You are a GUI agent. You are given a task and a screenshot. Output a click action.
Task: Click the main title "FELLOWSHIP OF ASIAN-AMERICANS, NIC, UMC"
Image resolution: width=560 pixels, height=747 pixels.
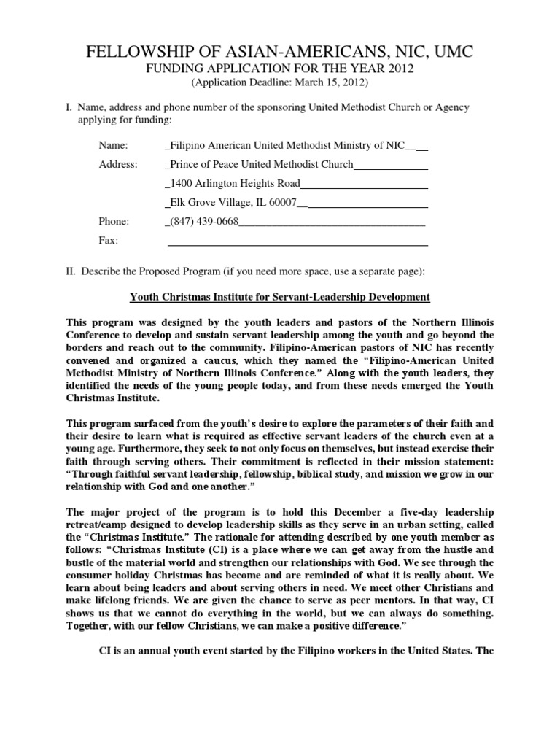coord(280,52)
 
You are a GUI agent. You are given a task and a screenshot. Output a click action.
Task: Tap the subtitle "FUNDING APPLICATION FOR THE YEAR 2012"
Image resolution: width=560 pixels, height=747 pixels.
coord(280,69)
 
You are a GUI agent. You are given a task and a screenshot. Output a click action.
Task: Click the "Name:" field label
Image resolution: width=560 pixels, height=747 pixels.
coord(112,146)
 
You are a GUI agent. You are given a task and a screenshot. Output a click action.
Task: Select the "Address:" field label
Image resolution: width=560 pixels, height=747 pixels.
coord(118,165)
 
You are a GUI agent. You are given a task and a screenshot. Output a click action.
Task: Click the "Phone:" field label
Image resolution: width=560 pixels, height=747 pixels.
coord(114,221)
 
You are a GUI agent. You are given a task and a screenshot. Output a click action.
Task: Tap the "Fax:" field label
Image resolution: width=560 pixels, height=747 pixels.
coord(108,240)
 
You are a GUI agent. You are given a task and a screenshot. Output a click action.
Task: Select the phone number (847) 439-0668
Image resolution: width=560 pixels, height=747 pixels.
coord(204,221)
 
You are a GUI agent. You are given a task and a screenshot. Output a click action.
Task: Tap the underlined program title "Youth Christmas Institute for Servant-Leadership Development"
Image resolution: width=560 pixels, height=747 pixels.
coord(280,297)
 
